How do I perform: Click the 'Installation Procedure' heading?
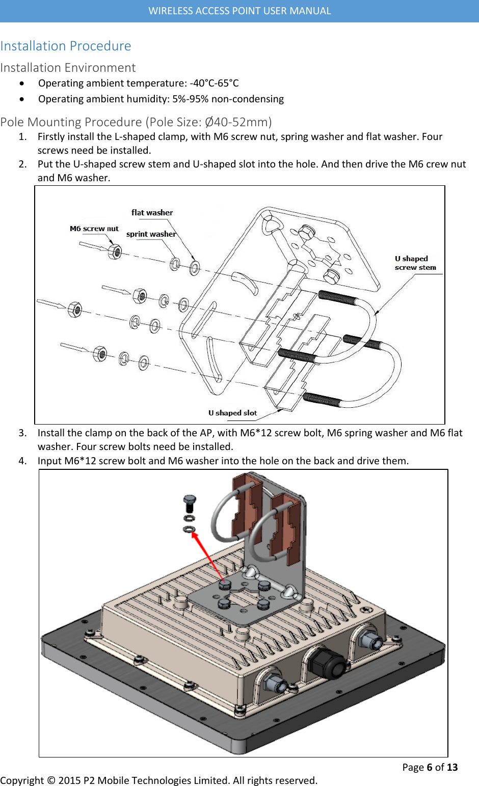[66, 46]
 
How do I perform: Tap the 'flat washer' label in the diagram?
[152, 213]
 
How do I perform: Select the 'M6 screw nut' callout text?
[94, 229]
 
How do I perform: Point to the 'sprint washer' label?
[151, 234]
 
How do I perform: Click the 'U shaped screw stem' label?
[415, 263]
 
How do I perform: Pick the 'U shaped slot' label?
[232, 413]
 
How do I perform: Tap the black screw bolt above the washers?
[190, 503]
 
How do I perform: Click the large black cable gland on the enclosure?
[325, 662]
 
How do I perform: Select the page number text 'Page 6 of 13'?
[430, 767]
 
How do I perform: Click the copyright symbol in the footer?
[51, 780]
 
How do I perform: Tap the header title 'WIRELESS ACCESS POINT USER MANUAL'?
[240, 11]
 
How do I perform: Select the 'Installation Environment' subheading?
[68, 68]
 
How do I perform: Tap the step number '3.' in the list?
[22, 433]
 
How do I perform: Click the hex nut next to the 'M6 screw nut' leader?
[115, 251]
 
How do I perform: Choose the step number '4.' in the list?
[22, 461]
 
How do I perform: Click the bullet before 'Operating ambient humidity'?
[21, 99]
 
